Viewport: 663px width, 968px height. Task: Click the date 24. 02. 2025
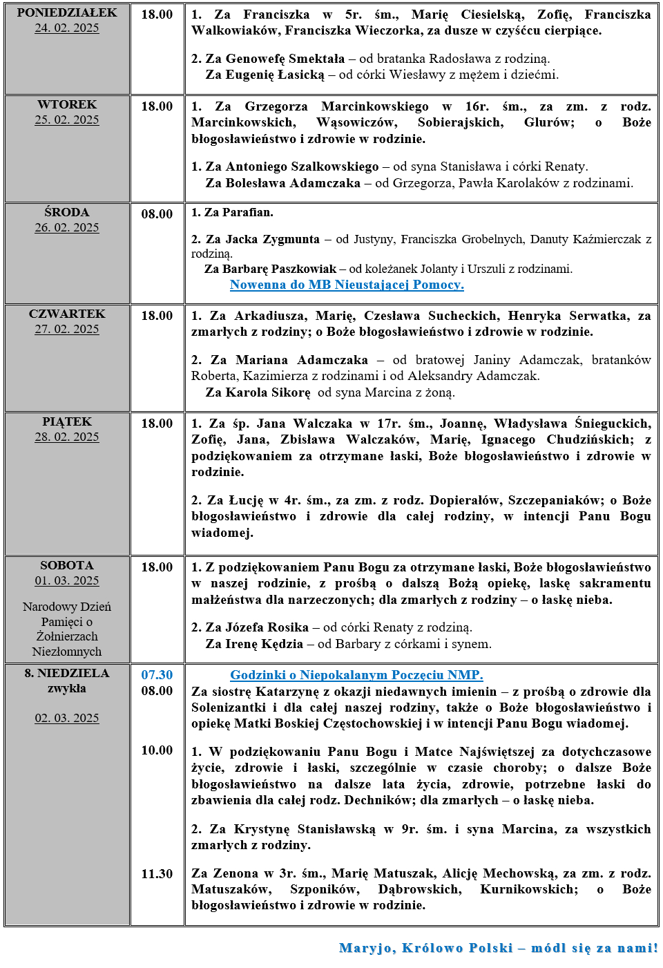pos(67,28)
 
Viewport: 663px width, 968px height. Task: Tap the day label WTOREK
pos(67,104)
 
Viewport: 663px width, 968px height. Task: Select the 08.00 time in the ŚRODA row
pos(157,214)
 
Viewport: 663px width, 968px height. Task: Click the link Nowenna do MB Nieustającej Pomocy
pos(347,285)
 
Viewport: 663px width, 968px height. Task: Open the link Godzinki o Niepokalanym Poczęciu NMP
pos(356,675)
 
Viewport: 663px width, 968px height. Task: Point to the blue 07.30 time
pos(157,675)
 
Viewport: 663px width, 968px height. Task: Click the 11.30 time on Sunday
pos(157,874)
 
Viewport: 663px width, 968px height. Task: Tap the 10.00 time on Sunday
pos(157,750)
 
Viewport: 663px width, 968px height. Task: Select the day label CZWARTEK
pos(67,314)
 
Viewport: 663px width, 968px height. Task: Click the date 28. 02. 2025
pos(67,437)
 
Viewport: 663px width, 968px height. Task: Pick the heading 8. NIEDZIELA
pos(67,673)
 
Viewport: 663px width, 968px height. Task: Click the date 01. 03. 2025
pos(67,581)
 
